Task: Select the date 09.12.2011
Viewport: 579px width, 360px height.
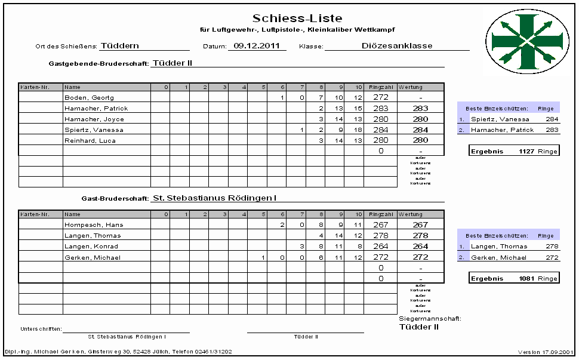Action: pos(257,45)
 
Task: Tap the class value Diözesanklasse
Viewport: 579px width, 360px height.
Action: pos(397,45)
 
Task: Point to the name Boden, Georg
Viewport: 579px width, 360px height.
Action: pos(89,97)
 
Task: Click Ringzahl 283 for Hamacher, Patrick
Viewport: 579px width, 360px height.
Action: pos(380,108)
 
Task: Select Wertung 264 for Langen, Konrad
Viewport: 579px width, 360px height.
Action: pos(420,247)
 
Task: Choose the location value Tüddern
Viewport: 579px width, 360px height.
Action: pos(120,45)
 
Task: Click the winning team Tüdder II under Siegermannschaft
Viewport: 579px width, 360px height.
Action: pos(419,327)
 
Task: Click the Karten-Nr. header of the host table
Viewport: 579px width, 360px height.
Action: pos(30,87)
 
